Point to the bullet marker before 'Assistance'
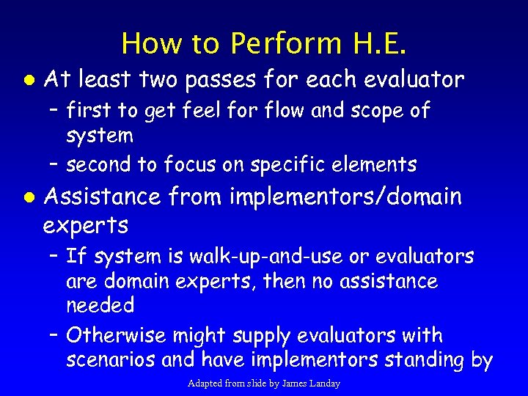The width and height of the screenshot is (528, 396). pyautogui.click(x=26, y=197)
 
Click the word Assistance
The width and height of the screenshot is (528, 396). pyautogui.click(x=102, y=197)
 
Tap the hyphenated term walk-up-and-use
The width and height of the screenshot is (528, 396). pyautogui.click(x=246, y=257)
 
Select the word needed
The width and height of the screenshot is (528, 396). pyautogui.click(x=100, y=305)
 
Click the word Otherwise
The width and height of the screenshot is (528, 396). pyautogui.click(x=116, y=336)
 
